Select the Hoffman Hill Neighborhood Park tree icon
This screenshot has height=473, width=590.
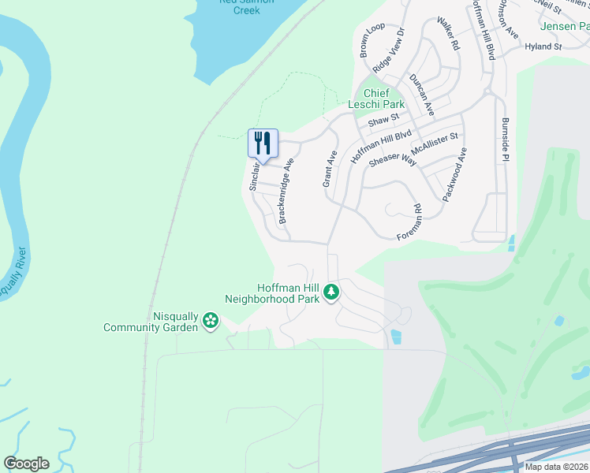332,292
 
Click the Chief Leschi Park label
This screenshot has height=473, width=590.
376,99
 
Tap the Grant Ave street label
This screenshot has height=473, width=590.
330,169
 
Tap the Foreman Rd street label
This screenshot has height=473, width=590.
410,222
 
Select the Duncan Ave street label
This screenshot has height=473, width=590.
422,95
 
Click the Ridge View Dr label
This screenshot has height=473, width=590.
388,51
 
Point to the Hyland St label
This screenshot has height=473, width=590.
543,47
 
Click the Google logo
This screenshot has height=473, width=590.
26,464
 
